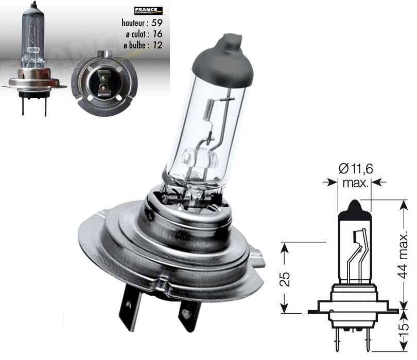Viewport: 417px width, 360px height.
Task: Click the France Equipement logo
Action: pyautogui.click(x=148, y=10)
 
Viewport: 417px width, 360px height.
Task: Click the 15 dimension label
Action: pyautogui.click(x=404, y=327)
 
